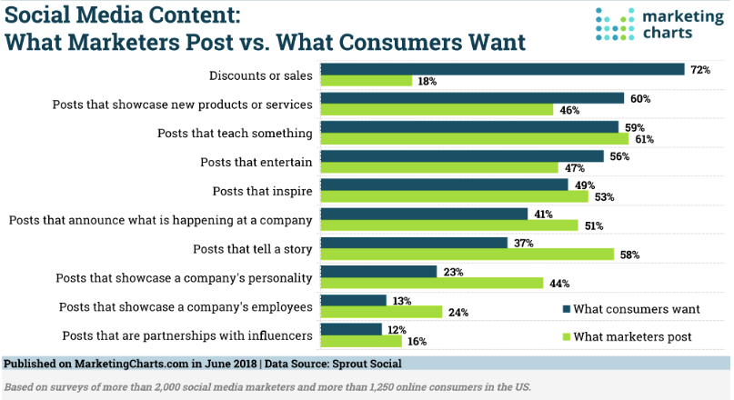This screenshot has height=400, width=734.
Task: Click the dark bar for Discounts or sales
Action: click(503, 69)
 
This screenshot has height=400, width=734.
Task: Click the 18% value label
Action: click(427, 82)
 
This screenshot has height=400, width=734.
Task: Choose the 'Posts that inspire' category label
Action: click(263, 191)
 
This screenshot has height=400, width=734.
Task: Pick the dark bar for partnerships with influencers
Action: click(352, 329)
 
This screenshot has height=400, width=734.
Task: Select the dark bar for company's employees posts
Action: click(354, 300)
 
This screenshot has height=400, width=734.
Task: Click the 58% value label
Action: click(629, 255)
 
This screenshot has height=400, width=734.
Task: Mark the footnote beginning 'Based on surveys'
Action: click(267, 386)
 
